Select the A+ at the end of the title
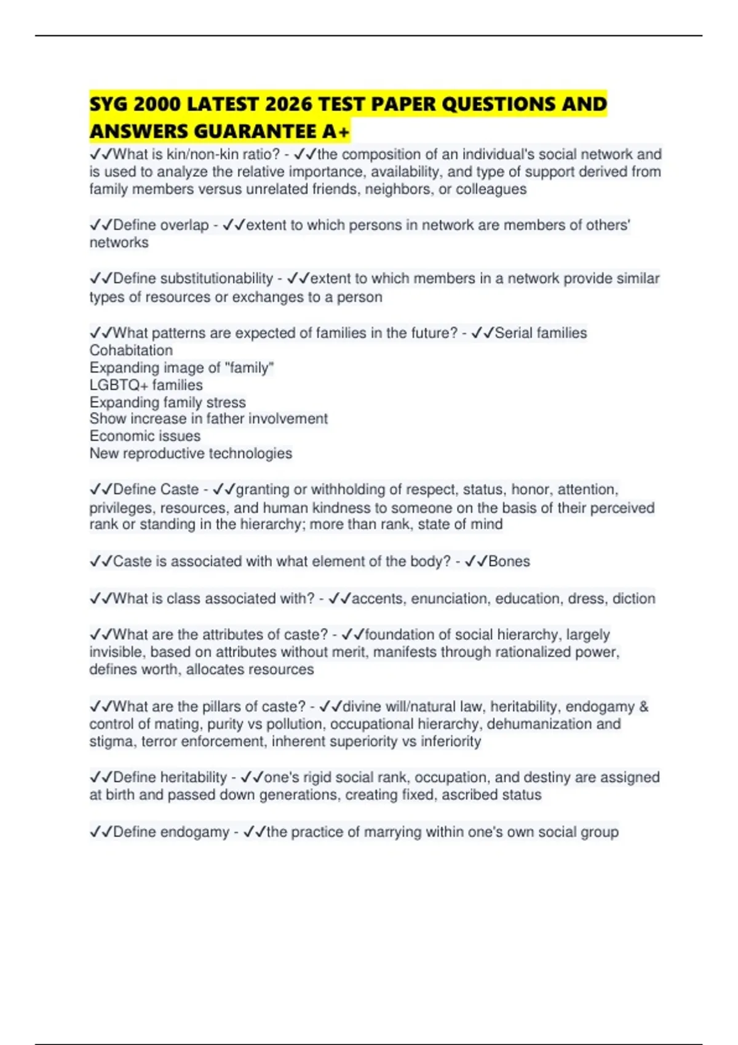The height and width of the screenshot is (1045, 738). coord(336,132)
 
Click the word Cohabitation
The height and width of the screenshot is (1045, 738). coord(131,350)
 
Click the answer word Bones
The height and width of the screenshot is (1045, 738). coord(509,561)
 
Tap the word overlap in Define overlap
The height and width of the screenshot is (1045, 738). coord(184,226)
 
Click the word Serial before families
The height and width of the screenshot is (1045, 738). coord(515,333)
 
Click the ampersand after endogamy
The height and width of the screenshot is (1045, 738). coord(644,707)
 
